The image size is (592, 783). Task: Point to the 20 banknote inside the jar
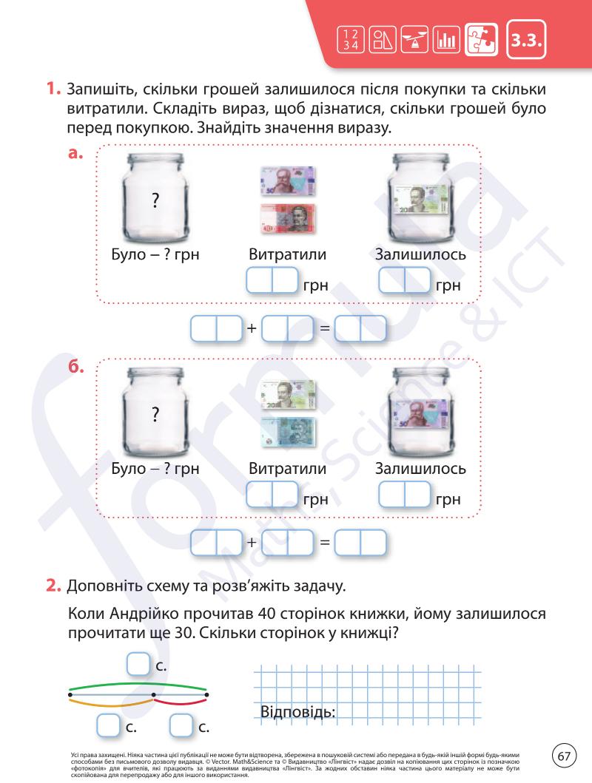419,198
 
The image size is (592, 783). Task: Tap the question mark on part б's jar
155,415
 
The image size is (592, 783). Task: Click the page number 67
564,756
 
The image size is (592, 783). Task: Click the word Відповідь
298,712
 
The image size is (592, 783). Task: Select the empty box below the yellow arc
110,725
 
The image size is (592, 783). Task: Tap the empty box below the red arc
181,725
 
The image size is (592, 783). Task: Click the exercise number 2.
53,587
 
